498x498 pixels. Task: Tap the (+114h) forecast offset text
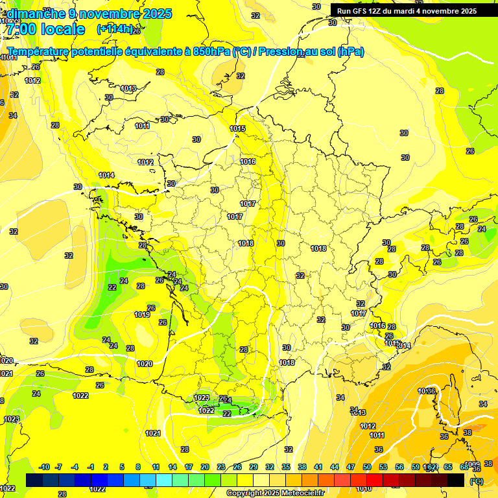(115, 29)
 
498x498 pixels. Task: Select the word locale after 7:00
(62, 29)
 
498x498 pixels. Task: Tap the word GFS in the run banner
(360, 11)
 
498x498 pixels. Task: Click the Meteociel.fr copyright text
(275, 493)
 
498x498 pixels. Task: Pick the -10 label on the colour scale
(44, 467)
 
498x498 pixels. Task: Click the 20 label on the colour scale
(205, 467)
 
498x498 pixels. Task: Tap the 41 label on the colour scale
(318, 467)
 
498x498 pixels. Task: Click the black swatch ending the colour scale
(456, 480)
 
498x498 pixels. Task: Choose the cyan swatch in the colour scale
(163, 480)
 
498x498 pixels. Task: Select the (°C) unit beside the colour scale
(476, 480)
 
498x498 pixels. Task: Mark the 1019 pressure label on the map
(143, 314)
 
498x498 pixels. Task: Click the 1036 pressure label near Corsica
(426, 391)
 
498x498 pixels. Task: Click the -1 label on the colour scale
(91, 467)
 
